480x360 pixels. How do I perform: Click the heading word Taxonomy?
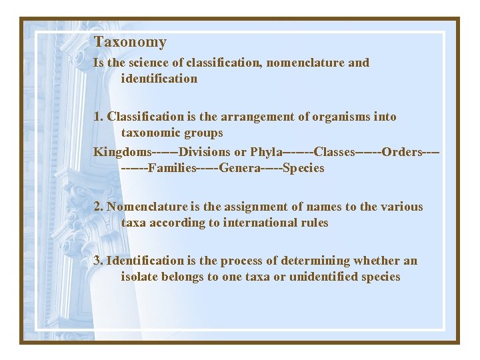point(130,42)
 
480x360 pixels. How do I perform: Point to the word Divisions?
point(205,152)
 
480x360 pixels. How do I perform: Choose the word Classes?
point(334,152)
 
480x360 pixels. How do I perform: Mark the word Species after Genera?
point(303,168)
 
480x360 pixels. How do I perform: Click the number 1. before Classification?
point(98,117)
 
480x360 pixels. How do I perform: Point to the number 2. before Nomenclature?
point(98,207)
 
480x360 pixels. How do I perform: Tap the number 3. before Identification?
point(98,261)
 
